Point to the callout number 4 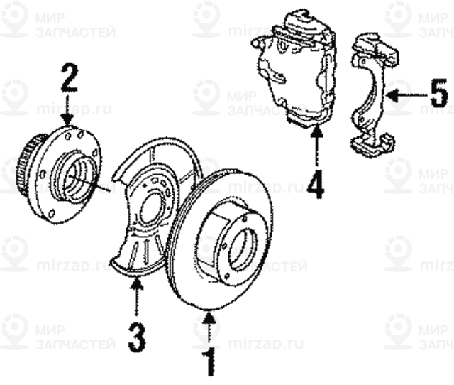(x=316, y=183)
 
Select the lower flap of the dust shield (x=135, y=256)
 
